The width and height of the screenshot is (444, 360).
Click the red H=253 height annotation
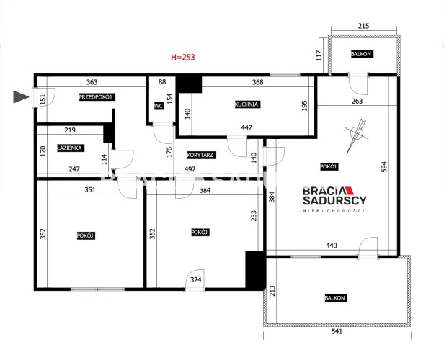[183, 57]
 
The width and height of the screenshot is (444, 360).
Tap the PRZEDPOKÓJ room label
[97, 97]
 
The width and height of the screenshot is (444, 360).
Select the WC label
[159, 106]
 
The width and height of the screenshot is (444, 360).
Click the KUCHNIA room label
[247, 104]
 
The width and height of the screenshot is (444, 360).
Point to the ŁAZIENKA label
[70, 148]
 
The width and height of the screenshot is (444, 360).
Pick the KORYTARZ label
[200, 155]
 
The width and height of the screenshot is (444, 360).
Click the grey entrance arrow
[21, 96]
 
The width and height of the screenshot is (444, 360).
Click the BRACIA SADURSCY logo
[334, 199]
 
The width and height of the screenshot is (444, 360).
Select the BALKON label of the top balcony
[361, 54]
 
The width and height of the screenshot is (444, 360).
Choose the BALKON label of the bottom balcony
[335, 298]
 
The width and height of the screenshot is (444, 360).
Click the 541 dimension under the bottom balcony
[337, 331]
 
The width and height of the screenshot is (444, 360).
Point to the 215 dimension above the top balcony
[363, 26]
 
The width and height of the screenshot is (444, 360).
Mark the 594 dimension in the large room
[384, 167]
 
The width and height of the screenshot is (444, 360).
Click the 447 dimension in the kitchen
[247, 127]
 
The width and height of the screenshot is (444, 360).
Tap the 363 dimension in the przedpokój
[92, 82]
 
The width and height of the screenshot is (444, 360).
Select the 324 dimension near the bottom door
[195, 279]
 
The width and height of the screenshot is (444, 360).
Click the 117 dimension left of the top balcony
[319, 55]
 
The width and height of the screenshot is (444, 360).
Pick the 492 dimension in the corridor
[190, 168]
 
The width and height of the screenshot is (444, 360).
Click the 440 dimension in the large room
[332, 246]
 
